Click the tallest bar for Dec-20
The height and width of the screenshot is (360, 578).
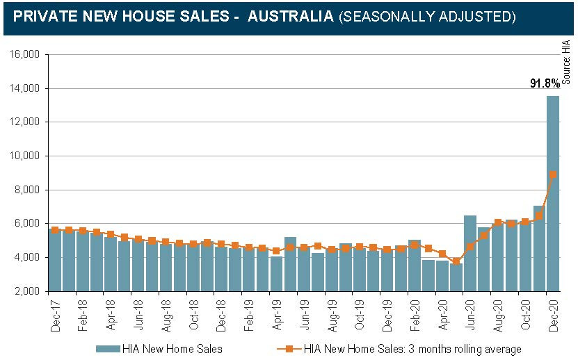click(x=553, y=195)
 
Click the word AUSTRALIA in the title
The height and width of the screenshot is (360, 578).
click(x=290, y=15)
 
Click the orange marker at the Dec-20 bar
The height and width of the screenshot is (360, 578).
click(x=553, y=174)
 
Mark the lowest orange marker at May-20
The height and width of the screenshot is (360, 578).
click(x=456, y=261)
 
